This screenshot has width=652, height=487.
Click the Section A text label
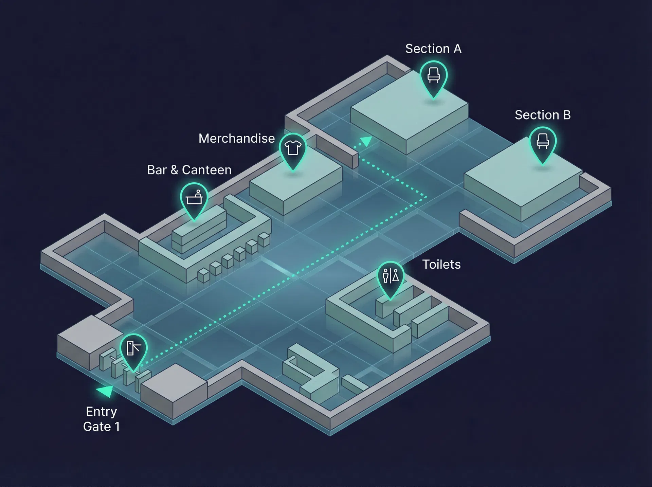coord(433,49)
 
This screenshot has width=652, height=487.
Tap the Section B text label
coord(542,115)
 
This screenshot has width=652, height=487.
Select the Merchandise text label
coord(236,139)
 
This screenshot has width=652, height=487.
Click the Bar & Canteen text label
coord(189,170)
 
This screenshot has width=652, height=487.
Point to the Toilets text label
coord(441,264)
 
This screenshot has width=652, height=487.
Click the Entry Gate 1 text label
coord(101,419)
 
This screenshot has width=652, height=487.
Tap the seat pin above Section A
coord(433,76)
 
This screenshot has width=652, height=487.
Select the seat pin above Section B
coord(543,142)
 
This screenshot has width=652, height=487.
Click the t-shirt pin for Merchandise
coord(293,149)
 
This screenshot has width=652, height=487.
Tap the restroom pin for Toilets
coord(391,276)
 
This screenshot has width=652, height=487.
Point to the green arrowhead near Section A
coord(366,141)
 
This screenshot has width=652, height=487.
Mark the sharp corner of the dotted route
coord(426,197)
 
